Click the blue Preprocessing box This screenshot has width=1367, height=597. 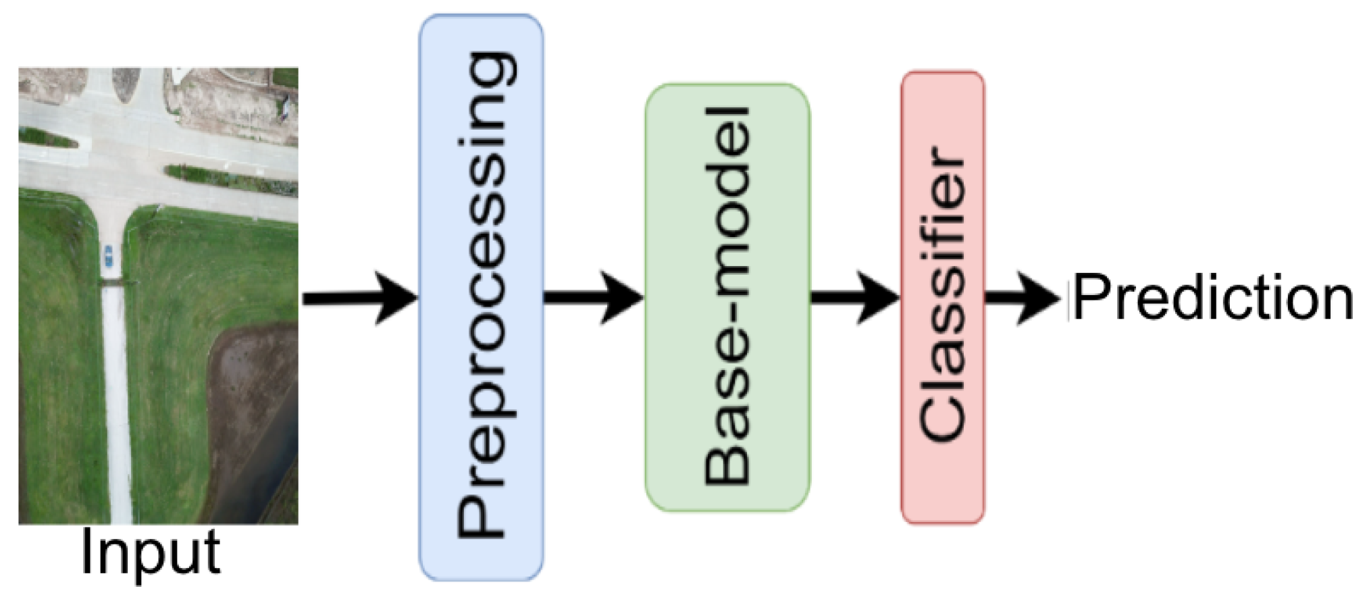[x=481, y=297]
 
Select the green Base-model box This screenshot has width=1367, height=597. [x=727, y=297]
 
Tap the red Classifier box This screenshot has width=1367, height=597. [x=943, y=297]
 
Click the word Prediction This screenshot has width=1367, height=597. [x=1213, y=297]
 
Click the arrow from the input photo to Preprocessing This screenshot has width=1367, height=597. [x=358, y=298]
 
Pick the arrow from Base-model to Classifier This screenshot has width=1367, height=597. [x=854, y=298]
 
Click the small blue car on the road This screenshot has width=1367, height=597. [x=108, y=256]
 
